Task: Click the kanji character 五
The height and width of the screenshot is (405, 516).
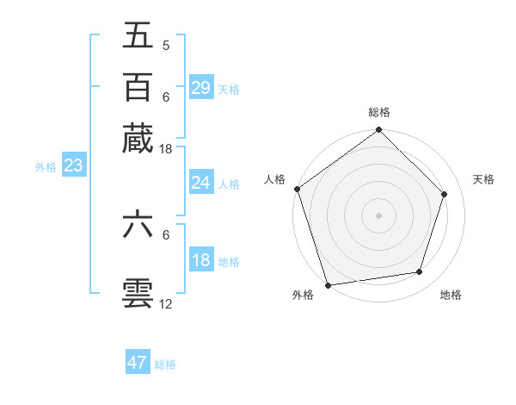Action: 138,36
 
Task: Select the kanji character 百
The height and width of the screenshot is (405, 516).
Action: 138,87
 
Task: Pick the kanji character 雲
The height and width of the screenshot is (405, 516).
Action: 138,293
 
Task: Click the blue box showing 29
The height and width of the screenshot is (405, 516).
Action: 200,88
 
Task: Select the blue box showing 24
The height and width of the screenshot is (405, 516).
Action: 200,183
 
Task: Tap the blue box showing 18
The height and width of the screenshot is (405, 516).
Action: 200,260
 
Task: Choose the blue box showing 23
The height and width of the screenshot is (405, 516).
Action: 73,166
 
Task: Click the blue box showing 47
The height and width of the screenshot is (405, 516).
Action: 138,363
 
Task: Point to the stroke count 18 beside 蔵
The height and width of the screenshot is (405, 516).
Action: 165,149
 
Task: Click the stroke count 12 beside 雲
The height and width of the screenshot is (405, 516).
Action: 165,303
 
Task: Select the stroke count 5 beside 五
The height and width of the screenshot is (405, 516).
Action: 165,45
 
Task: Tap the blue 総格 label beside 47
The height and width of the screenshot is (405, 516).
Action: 165,364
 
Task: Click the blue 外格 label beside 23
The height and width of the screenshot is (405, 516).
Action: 45,167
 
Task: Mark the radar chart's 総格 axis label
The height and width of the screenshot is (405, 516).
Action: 378,113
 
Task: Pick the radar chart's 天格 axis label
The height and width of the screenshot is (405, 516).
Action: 483,179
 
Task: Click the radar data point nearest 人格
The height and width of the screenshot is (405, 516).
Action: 298,189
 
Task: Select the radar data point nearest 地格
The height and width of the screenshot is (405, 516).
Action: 420,272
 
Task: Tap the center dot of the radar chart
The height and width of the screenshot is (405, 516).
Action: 378,215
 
